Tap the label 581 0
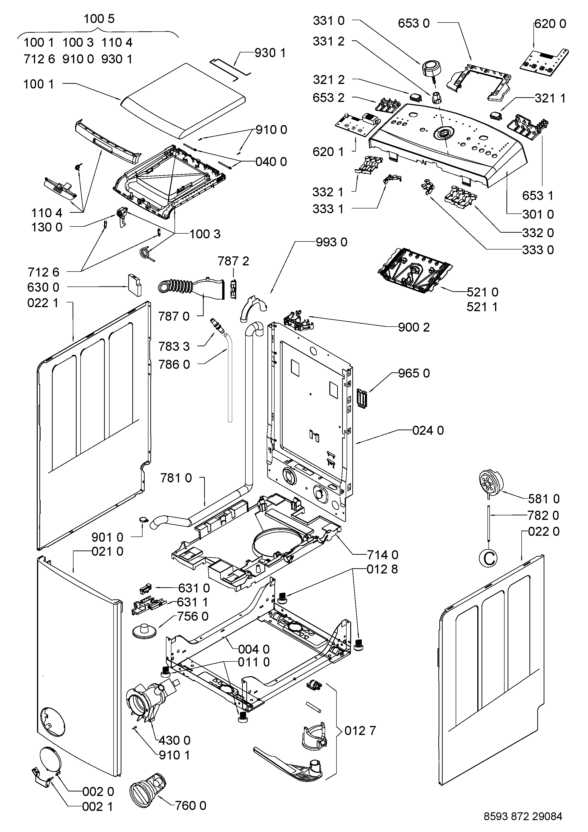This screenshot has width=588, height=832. [544, 499]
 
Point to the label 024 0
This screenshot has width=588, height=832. [428, 430]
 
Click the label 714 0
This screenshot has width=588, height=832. [383, 555]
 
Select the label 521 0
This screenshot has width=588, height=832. [482, 292]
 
